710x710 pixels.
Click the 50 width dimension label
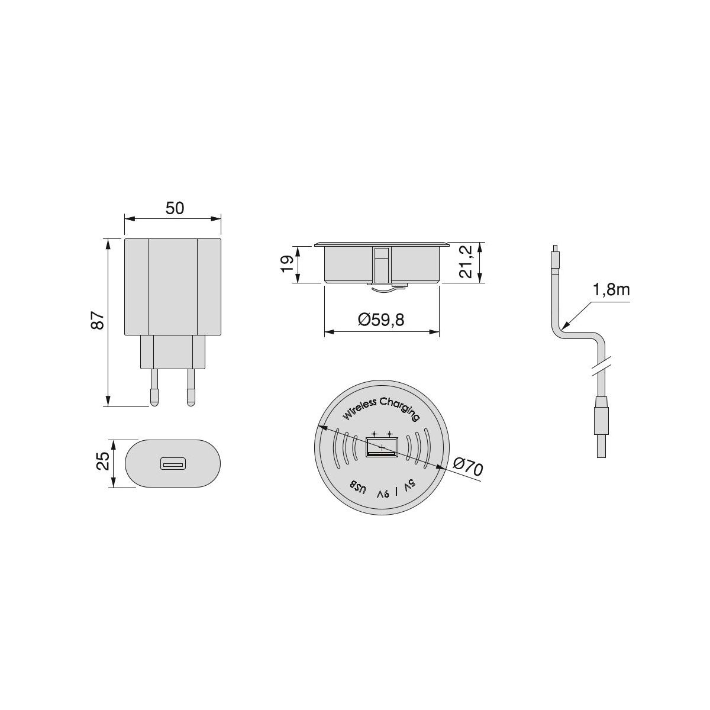point(175,208)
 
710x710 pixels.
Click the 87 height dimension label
point(98,320)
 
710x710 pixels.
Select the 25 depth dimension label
point(103,461)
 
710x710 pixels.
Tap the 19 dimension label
point(288,264)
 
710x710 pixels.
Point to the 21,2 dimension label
point(466,262)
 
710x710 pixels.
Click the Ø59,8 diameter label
point(382,320)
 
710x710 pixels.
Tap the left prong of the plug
point(154,387)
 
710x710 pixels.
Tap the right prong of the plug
point(191,387)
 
